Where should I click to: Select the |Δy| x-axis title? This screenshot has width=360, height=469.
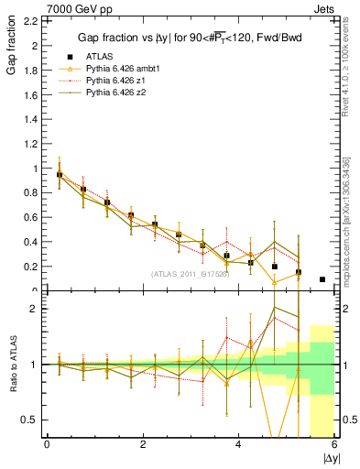327,456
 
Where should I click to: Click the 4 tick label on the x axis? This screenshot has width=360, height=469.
238,444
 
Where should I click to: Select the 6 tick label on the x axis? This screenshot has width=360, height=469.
334,444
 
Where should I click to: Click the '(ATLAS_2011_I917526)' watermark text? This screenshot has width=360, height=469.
191,275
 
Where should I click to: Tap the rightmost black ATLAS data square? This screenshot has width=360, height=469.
322,279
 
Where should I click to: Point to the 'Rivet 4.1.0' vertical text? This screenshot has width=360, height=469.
344,73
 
